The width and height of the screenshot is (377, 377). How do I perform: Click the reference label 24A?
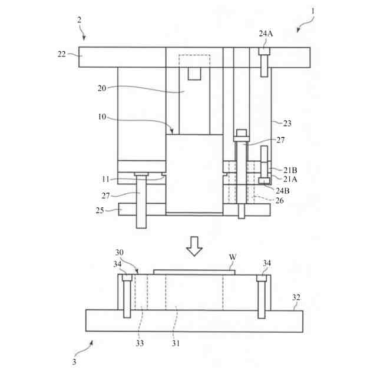266,34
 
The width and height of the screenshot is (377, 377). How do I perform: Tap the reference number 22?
62,54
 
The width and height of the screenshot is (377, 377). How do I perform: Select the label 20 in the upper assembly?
102,88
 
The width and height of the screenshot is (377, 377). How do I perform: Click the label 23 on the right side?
287,124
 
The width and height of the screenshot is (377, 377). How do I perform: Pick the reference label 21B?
290,170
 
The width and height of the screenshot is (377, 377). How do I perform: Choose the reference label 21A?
290,179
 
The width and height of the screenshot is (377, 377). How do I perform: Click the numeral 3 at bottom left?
74,362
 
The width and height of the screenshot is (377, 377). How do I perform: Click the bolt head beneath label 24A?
264,52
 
